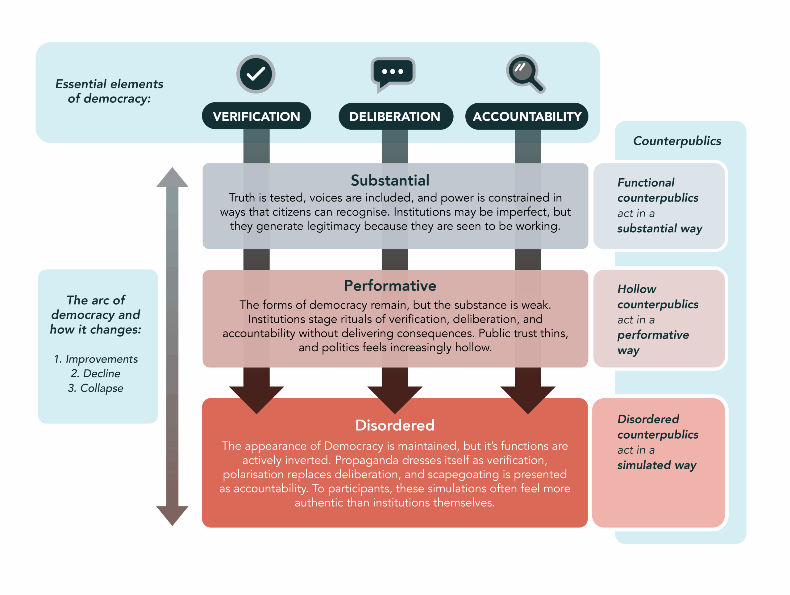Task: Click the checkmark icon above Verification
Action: tap(256, 74)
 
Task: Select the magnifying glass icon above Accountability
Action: tap(524, 72)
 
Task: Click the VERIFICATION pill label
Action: tap(256, 116)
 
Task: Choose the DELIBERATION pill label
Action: tap(395, 116)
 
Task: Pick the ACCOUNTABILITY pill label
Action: tap(527, 116)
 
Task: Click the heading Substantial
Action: tap(390, 180)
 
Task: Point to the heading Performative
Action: tap(390, 286)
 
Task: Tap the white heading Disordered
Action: tap(395, 425)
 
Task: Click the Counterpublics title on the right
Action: tap(677, 141)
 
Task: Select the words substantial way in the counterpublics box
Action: tap(659, 229)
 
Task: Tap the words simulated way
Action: tap(656, 465)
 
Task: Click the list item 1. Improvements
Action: tap(96, 359)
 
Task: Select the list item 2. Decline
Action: tap(95, 373)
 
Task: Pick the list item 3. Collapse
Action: tap(95, 388)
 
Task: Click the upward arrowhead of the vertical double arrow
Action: tap(172, 179)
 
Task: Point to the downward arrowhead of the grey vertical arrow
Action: tap(172, 515)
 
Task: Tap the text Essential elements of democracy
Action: tap(109, 91)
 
